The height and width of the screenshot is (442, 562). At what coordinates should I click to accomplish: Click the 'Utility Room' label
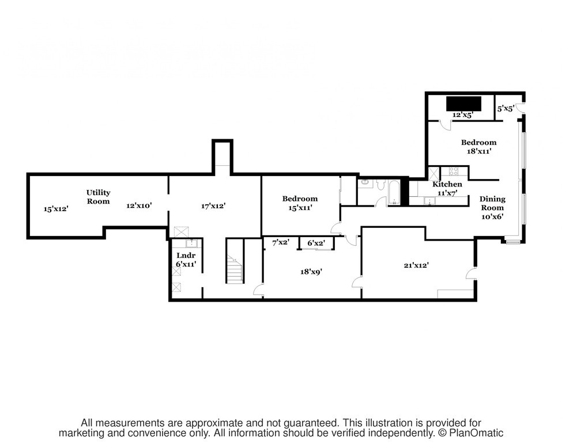coord(98,197)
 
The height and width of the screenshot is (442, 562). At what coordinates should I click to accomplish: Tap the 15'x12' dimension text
coord(56,209)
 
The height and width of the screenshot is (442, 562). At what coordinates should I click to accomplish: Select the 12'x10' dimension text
coord(139,205)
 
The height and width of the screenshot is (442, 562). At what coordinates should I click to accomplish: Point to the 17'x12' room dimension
coord(213,205)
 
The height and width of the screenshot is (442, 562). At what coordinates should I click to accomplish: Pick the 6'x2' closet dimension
coord(317,243)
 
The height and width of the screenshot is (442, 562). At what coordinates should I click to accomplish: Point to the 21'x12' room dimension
coord(416,265)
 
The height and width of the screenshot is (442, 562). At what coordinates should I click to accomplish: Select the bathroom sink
coord(364,184)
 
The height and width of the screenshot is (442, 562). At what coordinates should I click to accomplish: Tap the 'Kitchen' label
coord(447,184)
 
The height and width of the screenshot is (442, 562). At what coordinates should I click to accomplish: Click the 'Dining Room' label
coord(492,203)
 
